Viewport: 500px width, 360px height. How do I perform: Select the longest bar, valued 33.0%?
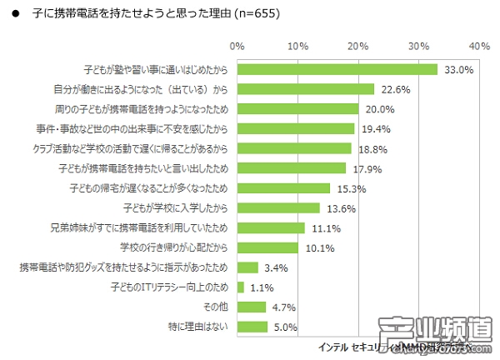[x=337, y=69]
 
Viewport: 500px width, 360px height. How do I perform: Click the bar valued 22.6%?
[x=306, y=89]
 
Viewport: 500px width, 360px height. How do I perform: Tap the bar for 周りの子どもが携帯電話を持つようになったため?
[x=298, y=109]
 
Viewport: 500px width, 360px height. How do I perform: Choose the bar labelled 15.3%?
[x=284, y=187]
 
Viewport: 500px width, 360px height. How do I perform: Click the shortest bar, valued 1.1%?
[x=241, y=287]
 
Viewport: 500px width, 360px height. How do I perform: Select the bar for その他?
[x=252, y=307]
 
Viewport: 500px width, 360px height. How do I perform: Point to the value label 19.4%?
[x=372, y=129]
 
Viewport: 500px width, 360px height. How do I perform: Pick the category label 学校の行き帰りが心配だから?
[x=174, y=247]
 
